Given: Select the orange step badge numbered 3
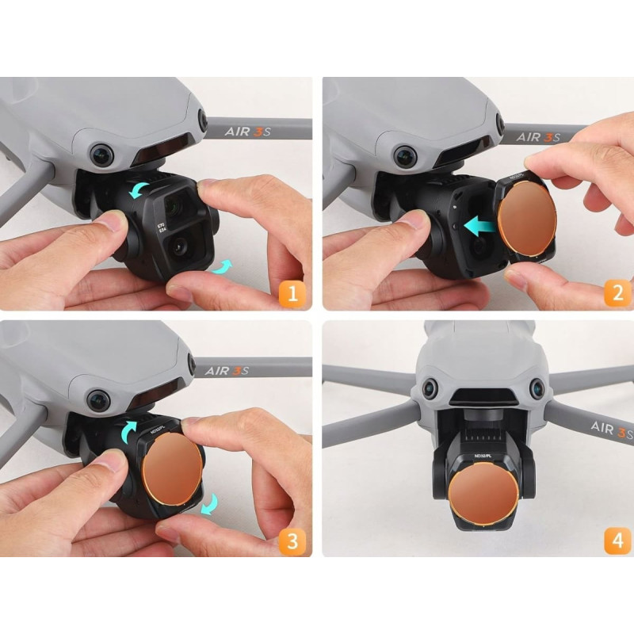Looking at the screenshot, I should click(x=292, y=542).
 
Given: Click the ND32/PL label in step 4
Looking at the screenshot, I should click(x=481, y=456).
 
